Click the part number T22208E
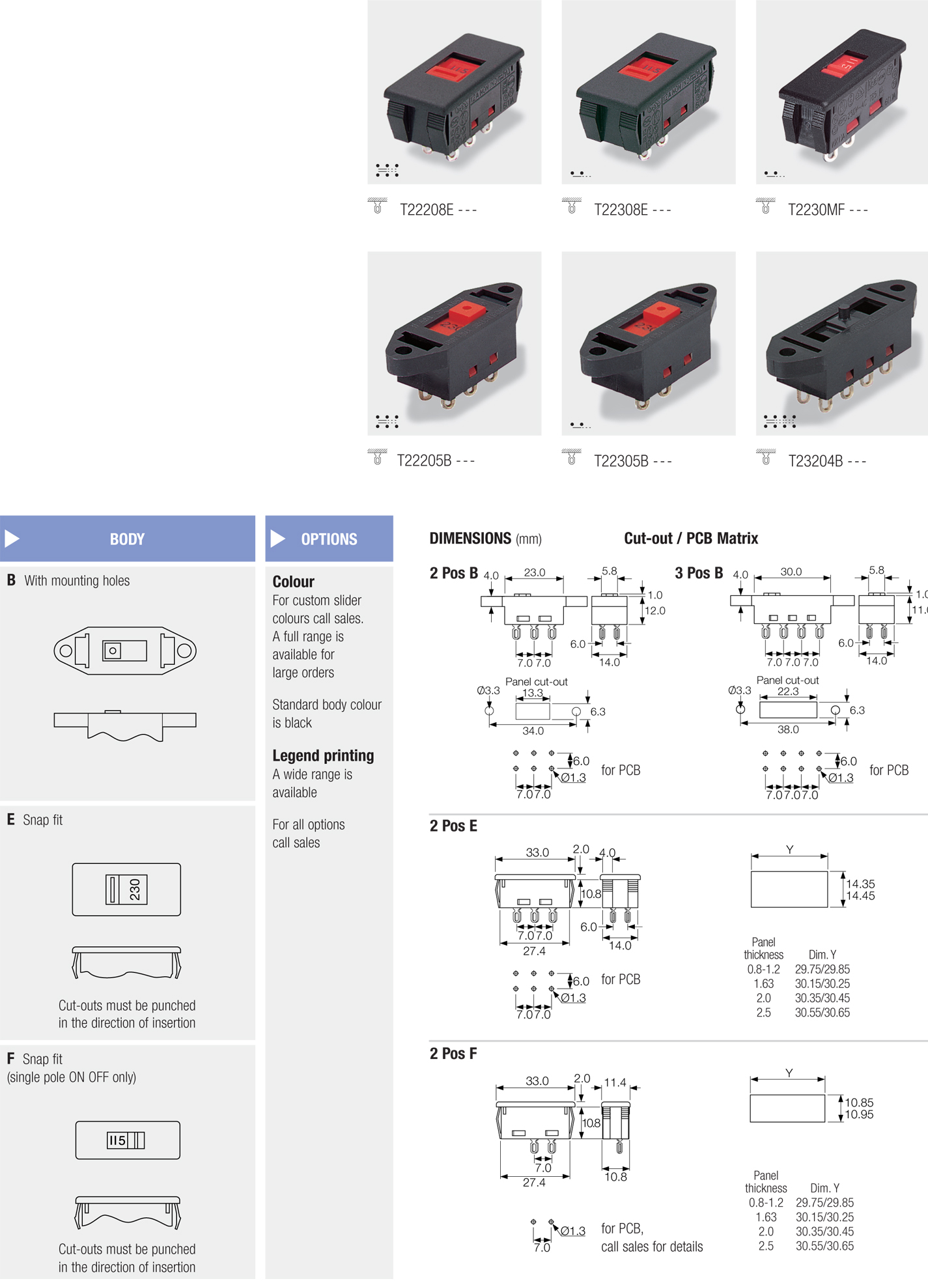coord(427,210)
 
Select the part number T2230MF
coord(816,210)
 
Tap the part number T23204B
coord(815,461)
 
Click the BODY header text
coord(127,539)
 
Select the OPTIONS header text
coord(329,539)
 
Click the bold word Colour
coord(293,582)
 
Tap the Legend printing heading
coord(323,755)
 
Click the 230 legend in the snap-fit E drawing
coord(135,890)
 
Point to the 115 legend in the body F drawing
coord(117,1140)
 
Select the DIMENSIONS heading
coord(470,539)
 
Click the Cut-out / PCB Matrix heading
coord(691,539)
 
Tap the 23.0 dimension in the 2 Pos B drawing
coord(535,572)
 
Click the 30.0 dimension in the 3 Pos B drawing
coord(791,572)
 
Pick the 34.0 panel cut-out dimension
coord(533,731)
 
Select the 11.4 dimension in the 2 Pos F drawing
coord(615,1082)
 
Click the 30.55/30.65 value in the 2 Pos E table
coord(823,1013)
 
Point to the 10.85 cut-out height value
coord(860,1103)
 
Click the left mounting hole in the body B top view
coord(66,651)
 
